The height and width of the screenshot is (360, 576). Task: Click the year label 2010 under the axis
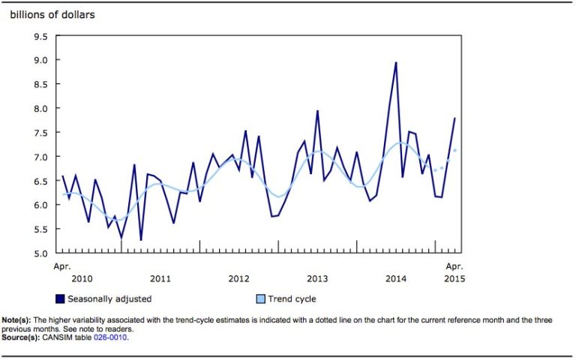(82, 279)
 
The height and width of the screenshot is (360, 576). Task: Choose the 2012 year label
(238, 279)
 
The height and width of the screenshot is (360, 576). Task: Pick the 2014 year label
(396, 279)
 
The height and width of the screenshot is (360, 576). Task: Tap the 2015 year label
(454, 279)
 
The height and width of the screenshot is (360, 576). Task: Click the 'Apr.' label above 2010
(61, 265)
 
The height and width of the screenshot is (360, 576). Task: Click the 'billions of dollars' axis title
(52, 14)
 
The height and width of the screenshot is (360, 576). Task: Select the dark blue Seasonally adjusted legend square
(60, 298)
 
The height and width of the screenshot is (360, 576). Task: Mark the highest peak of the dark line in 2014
(395, 63)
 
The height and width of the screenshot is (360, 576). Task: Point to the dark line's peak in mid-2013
(317, 111)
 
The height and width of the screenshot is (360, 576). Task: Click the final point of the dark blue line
(454, 118)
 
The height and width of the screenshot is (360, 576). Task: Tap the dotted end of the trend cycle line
(454, 151)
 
